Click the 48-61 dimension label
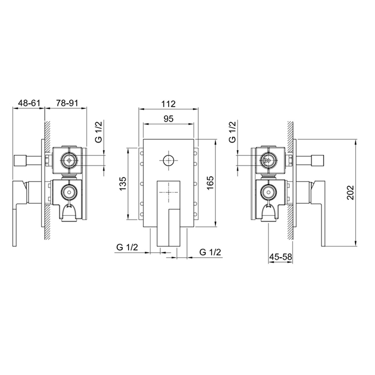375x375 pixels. (29, 103)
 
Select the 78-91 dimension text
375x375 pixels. (67, 103)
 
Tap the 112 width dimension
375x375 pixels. (168, 104)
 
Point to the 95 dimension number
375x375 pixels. (168, 118)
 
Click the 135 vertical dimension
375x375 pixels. (123, 184)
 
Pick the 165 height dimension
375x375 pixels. (210, 183)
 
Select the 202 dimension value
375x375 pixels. (350, 192)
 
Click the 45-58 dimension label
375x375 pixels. (281, 257)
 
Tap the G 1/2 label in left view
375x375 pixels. (98, 132)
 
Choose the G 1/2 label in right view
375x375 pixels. (232, 132)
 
